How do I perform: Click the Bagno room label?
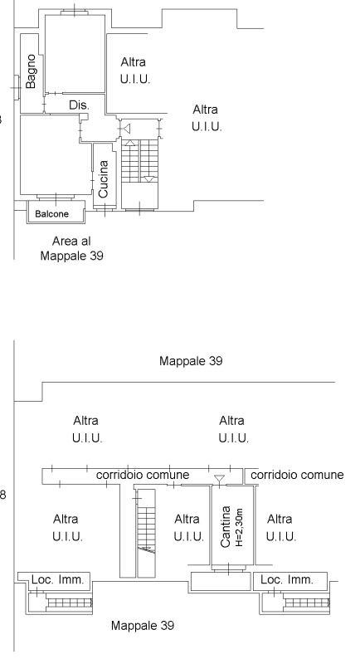click(31, 71)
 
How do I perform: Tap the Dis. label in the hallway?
click(79, 105)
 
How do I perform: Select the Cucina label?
click(104, 179)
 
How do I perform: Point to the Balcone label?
click(51, 214)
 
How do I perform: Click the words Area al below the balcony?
click(71, 242)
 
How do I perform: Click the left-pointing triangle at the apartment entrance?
click(127, 128)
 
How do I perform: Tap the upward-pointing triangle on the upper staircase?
click(130, 143)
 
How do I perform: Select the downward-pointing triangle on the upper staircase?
click(148, 179)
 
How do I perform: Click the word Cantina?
click(226, 526)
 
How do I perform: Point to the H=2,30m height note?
click(239, 527)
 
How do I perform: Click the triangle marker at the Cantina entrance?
click(219, 479)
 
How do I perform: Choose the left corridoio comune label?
click(143, 475)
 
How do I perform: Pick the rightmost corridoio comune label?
click(297, 475)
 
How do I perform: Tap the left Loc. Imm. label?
click(57, 579)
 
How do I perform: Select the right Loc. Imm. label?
click(287, 579)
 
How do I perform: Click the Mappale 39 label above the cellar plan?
click(191, 360)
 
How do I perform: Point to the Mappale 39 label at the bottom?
click(143, 625)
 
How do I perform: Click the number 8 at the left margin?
click(3, 495)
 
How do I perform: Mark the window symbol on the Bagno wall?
click(16, 87)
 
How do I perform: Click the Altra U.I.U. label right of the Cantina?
click(281, 528)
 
